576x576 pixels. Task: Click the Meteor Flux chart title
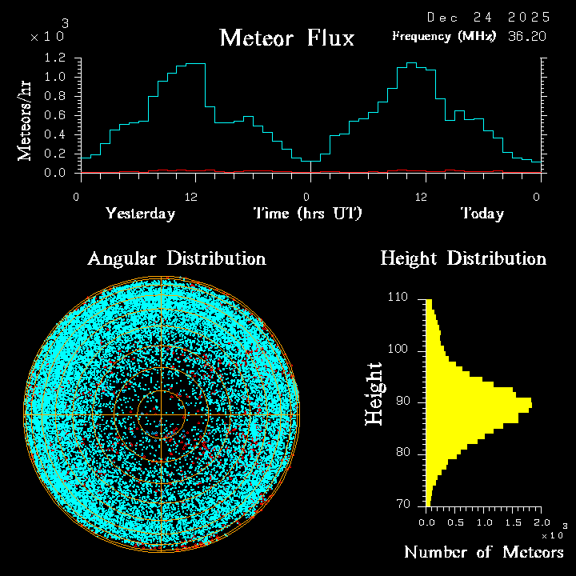coord(286,38)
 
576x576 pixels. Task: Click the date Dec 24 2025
coord(488,17)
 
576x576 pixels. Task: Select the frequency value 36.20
coord(528,36)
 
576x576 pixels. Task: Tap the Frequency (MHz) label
coord(444,36)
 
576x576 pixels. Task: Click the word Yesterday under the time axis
coord(140,214)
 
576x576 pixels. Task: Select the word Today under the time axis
coord(482,214)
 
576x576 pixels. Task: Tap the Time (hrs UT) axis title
coord(308,214)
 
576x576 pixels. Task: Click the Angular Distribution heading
coord(177,258)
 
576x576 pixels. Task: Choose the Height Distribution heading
coord(463,258)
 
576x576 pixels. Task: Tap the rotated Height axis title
coord(374,394)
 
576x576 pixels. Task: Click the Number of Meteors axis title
coord(484,553)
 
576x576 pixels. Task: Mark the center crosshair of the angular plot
coord(161,415)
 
